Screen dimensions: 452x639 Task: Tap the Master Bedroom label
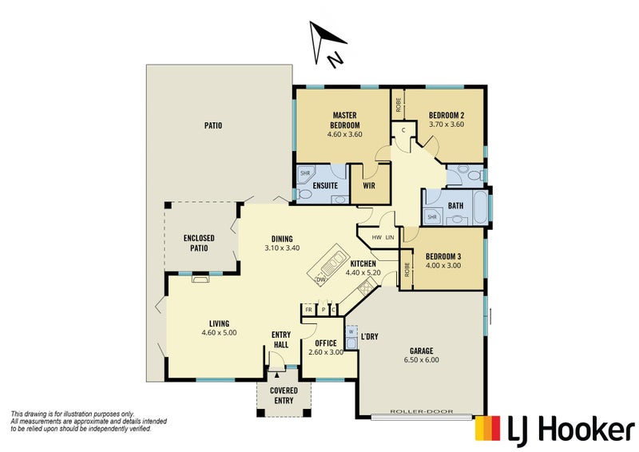[345, 121]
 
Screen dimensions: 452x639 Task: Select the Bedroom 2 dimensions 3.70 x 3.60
[447, 125]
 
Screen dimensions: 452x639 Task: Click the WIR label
[369, 186]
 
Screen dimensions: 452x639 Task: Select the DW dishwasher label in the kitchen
[321, 280]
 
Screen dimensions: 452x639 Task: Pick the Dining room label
[282, 238]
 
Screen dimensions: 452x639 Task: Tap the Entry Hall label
[281, 339]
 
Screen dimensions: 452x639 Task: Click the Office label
[326, 343]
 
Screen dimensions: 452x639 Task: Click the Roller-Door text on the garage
[421, 412]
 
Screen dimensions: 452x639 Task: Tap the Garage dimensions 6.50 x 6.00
[422, 359]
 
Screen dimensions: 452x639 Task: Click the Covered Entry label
[284, 395]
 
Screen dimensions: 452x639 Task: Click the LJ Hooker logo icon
[489, 429]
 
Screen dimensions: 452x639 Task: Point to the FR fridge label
[308, 309]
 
